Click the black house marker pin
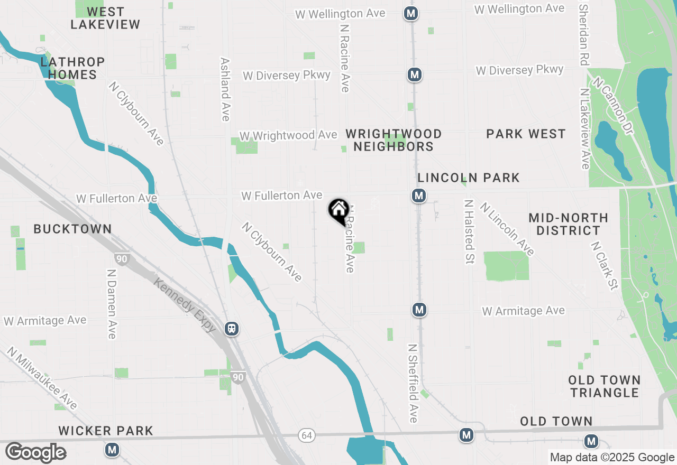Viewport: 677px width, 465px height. coord(338,211)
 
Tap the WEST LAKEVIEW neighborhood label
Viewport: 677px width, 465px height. coord(105,18)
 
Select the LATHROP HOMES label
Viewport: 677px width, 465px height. coord(72,68)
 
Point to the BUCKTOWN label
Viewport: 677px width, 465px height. coord(72,229)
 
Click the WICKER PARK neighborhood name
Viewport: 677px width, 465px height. coord(106,431)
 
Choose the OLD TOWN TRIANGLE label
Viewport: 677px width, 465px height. coord(605,386)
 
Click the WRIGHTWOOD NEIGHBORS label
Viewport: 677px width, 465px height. coord(394,140)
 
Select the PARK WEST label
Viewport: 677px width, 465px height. coord(526,134)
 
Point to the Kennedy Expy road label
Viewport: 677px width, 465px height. coord(185,305)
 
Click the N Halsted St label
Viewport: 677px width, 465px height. coord(469,232)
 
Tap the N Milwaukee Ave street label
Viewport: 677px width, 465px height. coord(42,378)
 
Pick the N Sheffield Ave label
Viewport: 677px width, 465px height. coord(413,383)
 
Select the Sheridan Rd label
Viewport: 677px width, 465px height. coord(584,34)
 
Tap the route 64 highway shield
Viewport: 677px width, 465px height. coord(306,435)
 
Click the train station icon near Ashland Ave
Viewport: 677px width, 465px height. coord(232,329)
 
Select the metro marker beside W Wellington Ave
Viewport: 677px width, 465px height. coord(411,14)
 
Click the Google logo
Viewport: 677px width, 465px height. coord(35,452)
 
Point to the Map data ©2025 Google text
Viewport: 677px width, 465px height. coord(612,458)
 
